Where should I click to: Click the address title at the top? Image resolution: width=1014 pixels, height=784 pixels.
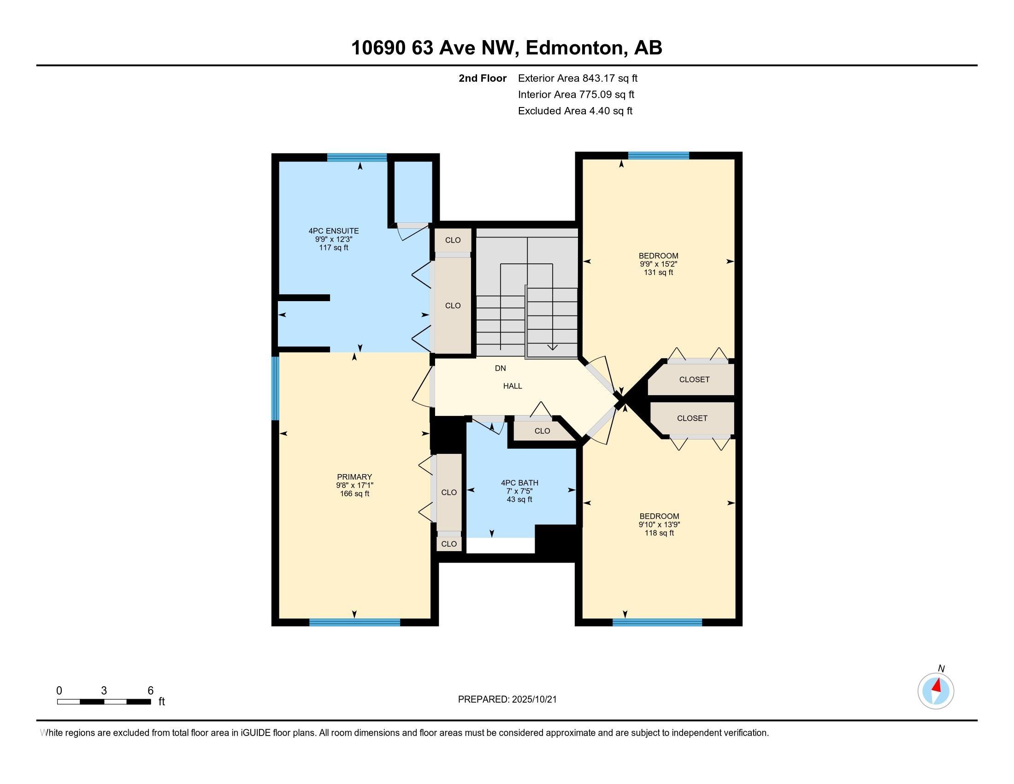(507, 48)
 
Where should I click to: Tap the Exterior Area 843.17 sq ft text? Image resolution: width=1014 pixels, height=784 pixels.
(578, 78)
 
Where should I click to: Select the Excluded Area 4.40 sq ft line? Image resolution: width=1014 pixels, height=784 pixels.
(575, 111)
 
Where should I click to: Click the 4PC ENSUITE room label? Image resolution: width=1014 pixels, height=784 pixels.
(333, 231)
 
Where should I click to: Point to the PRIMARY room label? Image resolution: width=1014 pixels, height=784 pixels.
(354, 477)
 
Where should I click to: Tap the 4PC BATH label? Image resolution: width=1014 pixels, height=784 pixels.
(519, 483)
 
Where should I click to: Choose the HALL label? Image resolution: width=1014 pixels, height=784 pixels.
(513, 386)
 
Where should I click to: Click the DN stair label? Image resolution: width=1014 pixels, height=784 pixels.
(500, 368)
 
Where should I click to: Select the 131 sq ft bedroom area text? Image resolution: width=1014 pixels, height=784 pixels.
(658, 273)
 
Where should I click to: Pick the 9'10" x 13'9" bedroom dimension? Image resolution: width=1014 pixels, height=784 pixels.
(659, 524)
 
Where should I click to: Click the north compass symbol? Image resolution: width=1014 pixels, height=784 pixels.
(936, 691)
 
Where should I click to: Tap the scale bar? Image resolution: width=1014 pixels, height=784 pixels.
(104, 701)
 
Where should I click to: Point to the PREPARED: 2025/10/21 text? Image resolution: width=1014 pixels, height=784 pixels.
(507, 700)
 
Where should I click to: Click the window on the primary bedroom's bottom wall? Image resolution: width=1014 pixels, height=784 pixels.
(355, 623)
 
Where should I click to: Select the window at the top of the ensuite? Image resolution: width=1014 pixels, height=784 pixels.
(357, 157)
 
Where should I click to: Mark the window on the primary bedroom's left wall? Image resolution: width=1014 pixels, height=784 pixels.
(275, 388)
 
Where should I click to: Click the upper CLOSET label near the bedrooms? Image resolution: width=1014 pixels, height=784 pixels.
(694, 380)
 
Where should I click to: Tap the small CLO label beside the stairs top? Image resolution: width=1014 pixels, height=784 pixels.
(453, 240)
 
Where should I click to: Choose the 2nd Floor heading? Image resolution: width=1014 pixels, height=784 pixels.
(483, 78)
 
